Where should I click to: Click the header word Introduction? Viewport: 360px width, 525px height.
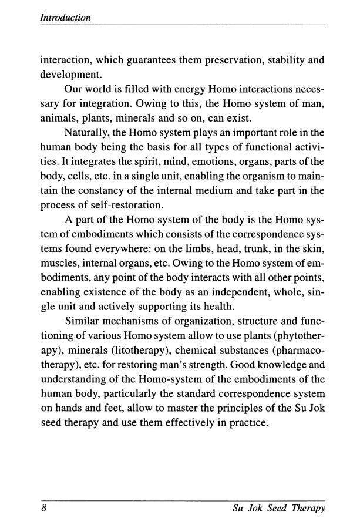click(x=65, y=18)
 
